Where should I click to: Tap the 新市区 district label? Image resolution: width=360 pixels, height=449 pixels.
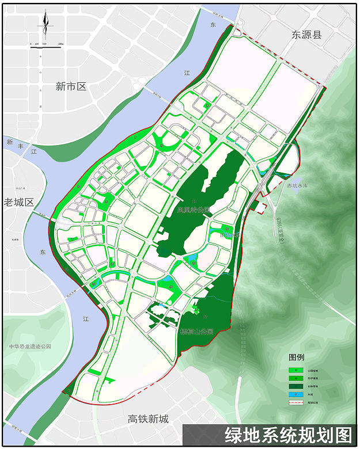(x=71, y=87)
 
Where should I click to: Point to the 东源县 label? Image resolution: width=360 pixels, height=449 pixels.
(x=305, y=35)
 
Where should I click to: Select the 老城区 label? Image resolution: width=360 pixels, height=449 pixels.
(x=19, y=202)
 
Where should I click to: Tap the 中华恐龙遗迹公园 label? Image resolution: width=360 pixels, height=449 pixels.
(x=30, y=347)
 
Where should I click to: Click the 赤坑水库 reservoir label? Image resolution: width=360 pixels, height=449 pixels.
(x=298, y=186)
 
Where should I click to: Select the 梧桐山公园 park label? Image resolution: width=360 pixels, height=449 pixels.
(x=197, y=332)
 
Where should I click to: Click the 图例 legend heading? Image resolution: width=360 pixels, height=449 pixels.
(x=297, y=357)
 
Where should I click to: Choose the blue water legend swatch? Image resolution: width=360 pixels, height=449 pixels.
(x=296, y=394)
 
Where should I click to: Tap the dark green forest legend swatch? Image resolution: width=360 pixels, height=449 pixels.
(x=296, y=386)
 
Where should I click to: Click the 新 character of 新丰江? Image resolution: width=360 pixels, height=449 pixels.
(x=9, y=142)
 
